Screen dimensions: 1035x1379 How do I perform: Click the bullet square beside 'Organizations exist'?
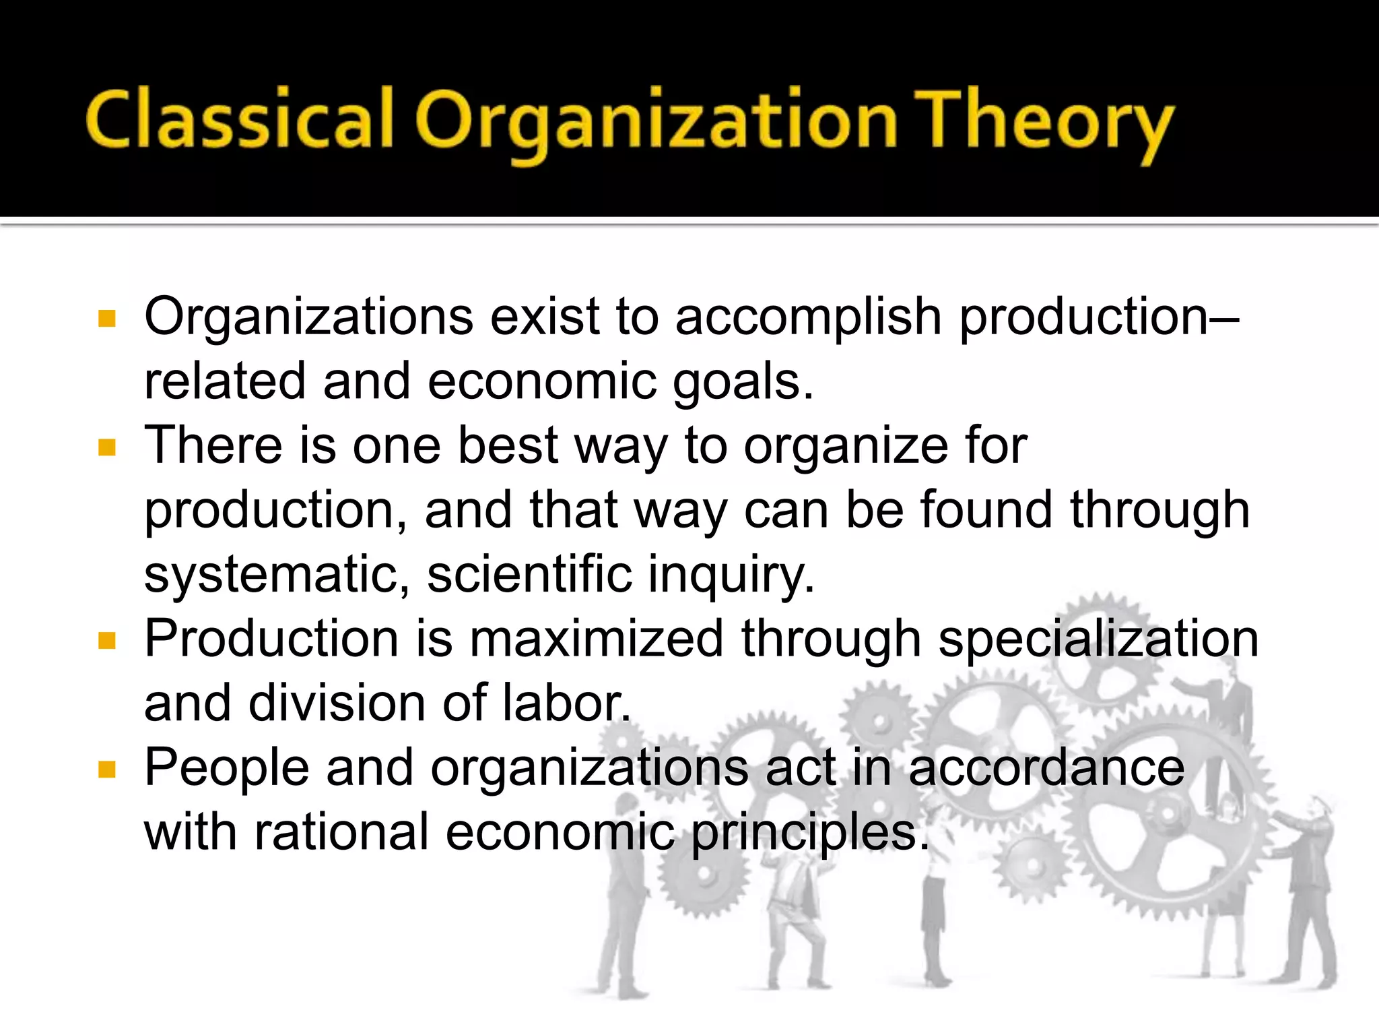107,318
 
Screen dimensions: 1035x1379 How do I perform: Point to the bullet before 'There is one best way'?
107,447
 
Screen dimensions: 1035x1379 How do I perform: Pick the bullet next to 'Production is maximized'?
107,640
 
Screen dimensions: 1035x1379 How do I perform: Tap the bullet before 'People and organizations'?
107,769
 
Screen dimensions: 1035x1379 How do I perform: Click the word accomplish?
808,317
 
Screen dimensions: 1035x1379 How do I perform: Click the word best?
508,445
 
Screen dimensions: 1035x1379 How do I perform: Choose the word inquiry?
731,575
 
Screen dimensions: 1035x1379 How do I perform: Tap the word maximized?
596,638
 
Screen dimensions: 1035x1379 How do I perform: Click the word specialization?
1098,639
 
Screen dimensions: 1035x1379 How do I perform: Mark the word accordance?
1046,767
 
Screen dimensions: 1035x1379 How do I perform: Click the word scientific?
529,574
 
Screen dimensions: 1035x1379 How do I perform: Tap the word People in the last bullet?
227,767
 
